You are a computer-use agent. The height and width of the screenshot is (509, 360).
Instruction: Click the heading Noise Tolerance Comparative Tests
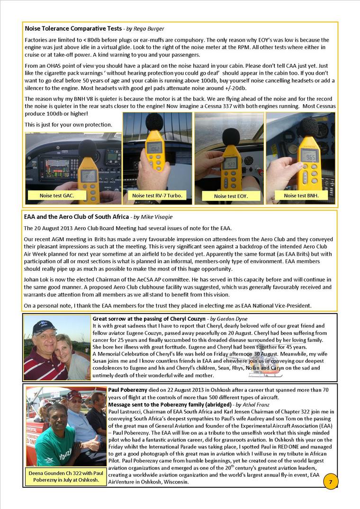pyautogui.click(x=73, y=29)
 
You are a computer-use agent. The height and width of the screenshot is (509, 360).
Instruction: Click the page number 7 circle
pyautogui.click(x=330, y=482)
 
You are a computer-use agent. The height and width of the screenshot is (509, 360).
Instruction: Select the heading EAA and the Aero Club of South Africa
pyautogui.click(x=76, y=217)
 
